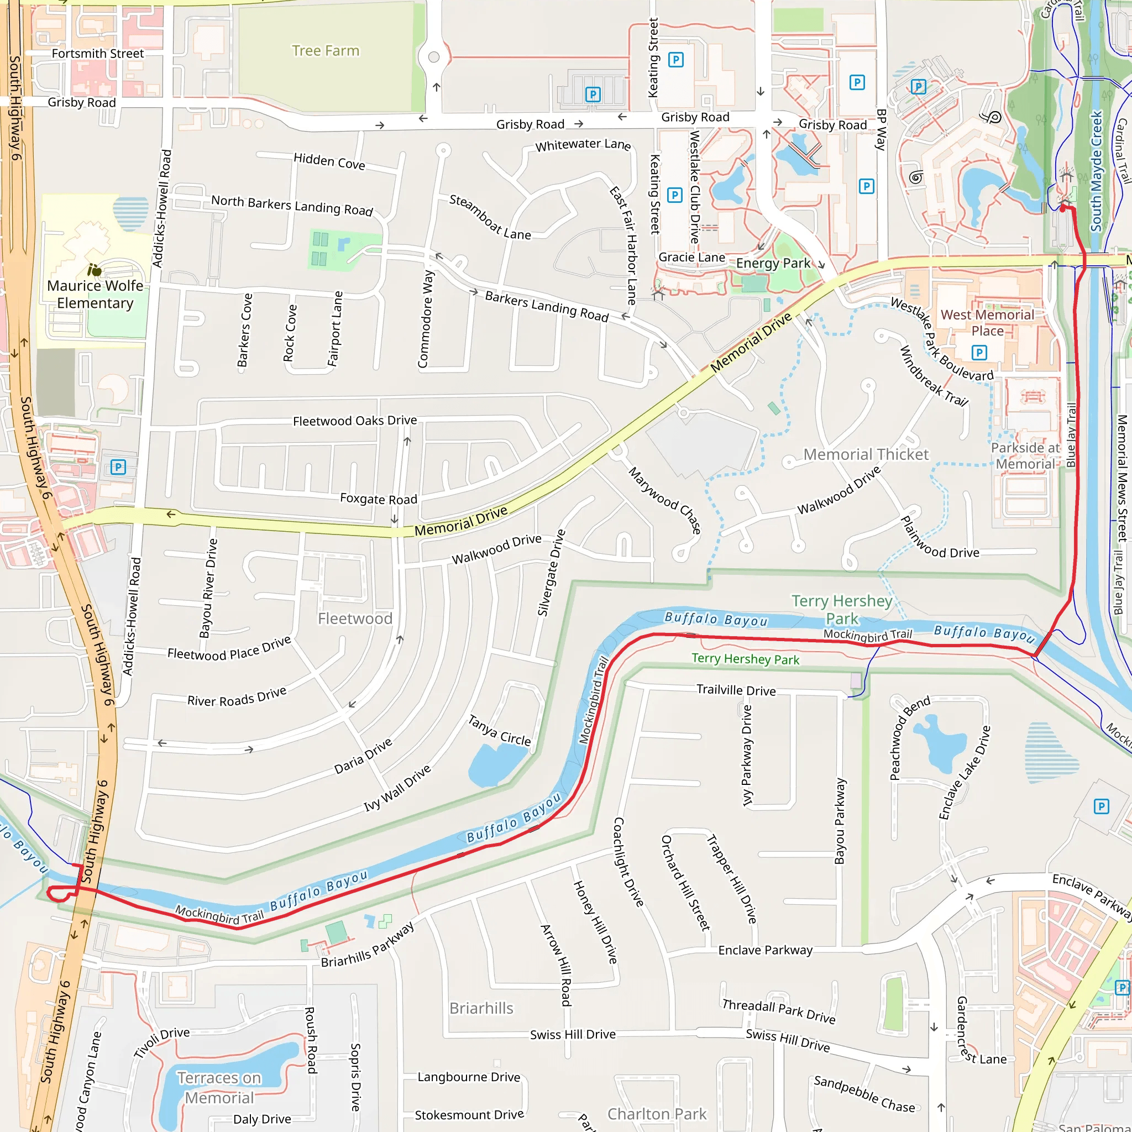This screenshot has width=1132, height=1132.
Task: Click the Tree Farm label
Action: point(325,51)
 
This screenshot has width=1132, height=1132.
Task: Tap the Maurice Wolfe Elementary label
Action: point(95,294)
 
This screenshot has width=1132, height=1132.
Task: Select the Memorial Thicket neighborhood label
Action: point(866,454)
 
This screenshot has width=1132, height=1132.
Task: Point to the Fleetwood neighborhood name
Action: point(354,618)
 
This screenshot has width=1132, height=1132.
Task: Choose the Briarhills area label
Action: point(481,1008)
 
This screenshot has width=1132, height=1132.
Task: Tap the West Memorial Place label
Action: point(987,323)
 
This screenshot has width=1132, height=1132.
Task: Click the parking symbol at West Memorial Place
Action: point(978,352)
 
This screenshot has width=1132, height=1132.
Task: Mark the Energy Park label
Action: point(773,263)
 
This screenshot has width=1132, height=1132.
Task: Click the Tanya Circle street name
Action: point(499,730)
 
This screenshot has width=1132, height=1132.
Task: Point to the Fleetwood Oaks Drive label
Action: point(354,421)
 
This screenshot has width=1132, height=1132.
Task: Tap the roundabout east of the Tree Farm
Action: point(433,57)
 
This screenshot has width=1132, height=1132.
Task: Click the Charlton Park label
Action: point(656,1114)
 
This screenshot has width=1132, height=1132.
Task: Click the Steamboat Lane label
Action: point(490,217)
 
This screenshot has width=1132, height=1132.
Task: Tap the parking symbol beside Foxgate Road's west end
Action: point(118,467)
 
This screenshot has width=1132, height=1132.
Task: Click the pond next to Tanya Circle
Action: point(497,763)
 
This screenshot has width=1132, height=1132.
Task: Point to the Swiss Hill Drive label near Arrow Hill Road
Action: point(573,1035)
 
